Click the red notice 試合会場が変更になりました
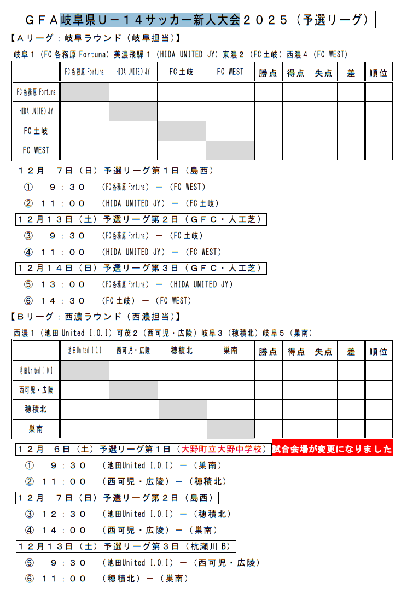pos(333,449)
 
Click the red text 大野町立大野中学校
pos(223,449)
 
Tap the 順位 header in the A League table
pos(379,73)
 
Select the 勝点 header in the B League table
pos(268,351)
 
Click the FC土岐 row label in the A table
pos(36,131)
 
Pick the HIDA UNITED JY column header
pos(133,72)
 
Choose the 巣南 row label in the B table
pos(36,429)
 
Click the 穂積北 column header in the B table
pos(182,351)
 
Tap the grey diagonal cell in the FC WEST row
pos(230,150)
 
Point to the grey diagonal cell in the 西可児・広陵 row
pos(133,390)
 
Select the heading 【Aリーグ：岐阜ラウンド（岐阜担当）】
pos(95,38)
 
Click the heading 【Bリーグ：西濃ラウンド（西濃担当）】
pos(95,317)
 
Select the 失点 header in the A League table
pos(323,73)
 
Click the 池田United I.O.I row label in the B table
pos(36,370)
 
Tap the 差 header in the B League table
pos(351,351)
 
